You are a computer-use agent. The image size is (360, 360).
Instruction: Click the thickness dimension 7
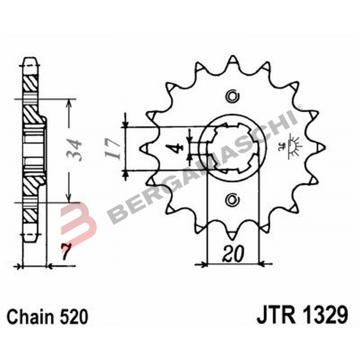(x=66, y=254)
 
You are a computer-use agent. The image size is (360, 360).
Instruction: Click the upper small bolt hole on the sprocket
(x=232, y=96)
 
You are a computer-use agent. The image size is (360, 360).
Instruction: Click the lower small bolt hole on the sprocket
(x=232, y=198)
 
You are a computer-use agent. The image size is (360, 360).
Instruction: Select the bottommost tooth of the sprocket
(x=232, y=234)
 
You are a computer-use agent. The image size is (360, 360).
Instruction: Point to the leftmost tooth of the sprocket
(x=145, y=148)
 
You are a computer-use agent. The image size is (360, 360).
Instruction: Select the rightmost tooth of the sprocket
(x=320, y=147)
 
